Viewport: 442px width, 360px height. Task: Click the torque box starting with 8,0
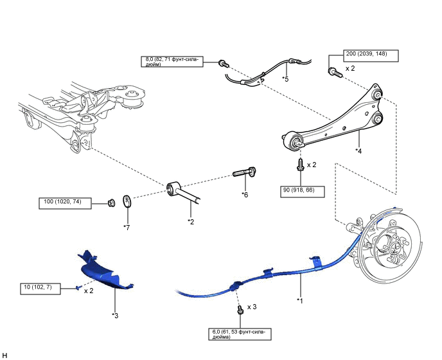click(173, 62)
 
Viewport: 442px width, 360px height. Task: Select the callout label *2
click(190, 221)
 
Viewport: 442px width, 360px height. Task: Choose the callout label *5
click(285, 79)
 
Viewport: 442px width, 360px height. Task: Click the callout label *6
click(245, 194)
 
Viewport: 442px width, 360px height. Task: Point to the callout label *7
click(127, 226)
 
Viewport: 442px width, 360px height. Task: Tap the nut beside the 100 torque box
click(111, 203)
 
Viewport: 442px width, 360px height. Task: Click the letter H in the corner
click(5, 354)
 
